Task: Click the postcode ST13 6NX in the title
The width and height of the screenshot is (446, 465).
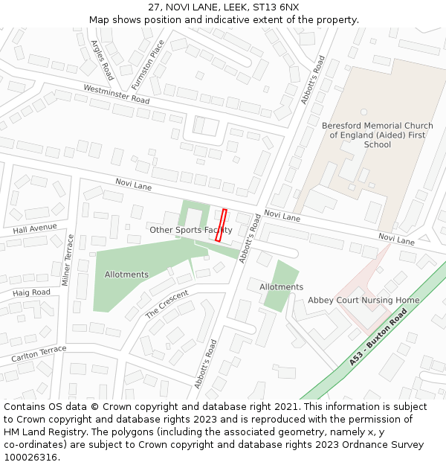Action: pyautogui.click(x=276, y=7)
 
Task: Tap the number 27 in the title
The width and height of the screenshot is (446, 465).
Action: pyautogui.click(x=154, y=7)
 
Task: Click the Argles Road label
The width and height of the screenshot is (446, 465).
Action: pyautogui.click(x=101, y=60)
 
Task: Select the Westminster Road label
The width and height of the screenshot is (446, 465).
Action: pyautogui.click(x=117, y=94)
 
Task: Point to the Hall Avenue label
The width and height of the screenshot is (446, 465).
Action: pyautogui.click(x=35, y=228)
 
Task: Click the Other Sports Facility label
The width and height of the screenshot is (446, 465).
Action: pyautogui.click(x=190, y=230)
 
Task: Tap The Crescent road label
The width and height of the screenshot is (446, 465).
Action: pyautogui.click(x=167, y=304)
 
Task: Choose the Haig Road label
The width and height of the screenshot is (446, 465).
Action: pyautogui.click(x=31, y=292)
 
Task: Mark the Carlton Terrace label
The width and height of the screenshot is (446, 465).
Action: pyautogui.click(x=39, y=355)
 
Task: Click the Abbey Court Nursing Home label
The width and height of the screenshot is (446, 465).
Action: pyautogui.click(x=363, y=301)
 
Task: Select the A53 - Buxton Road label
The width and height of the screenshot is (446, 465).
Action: pyautogui.click(x=378, y=339)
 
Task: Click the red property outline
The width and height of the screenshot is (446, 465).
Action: pyautogui.click(x=221, y=225)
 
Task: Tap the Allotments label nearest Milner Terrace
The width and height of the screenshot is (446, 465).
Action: pyautogui.click(x=126, y=275)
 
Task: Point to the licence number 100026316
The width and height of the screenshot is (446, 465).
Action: pyautogui.click(x=30, y=458)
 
